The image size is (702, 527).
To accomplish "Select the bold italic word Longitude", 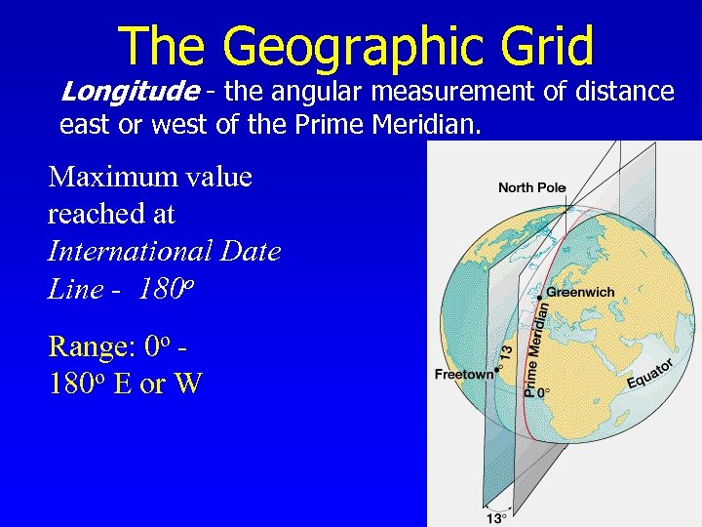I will click(129, 92).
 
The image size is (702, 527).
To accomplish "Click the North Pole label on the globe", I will click(531, 187).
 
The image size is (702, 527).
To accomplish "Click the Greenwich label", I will click(580, 292).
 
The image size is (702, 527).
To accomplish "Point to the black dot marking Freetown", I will click(496, 370).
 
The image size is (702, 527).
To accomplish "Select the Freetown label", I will click(463, 375).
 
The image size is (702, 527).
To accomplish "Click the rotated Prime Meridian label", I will click(535, 347).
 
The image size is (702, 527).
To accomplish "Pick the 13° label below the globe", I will click(496, 516).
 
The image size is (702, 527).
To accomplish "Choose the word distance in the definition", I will click(624, 92).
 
